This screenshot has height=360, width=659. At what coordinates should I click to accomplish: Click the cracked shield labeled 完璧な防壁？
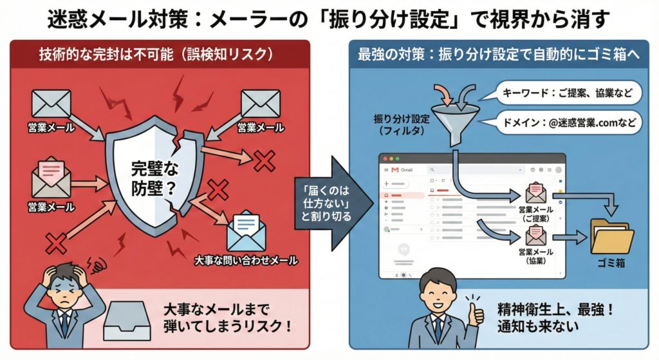tap(153, 173)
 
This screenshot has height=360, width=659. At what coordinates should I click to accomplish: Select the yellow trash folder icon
tap(612, 237)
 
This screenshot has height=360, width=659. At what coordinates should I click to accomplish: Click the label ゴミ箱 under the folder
tap(611, 263)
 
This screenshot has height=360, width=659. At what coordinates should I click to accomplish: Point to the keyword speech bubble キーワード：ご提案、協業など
tap(565, 93)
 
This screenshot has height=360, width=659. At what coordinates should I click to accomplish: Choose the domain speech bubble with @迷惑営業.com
tap(565, 123)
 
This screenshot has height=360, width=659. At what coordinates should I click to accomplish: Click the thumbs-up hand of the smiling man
tap(475, 310)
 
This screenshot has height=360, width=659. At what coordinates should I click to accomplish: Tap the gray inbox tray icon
tap(127, 321)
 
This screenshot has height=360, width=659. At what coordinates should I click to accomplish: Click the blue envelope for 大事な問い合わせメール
tap(246, 231)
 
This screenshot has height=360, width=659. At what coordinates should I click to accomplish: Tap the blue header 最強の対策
tap(498, 54)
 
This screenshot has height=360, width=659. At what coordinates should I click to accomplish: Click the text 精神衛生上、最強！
tap(555, 310)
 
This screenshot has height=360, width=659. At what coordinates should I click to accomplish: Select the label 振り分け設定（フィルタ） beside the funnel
tap(402, 125)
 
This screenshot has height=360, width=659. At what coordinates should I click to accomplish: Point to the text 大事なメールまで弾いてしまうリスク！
tap(227, 318)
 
